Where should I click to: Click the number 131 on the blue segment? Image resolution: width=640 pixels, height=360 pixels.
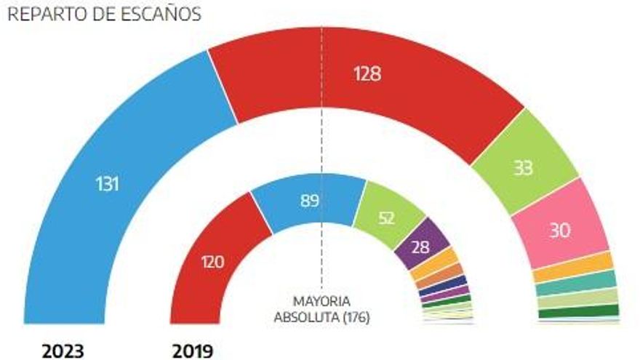coord(108,184)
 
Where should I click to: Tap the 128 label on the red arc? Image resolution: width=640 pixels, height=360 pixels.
coord(367,74)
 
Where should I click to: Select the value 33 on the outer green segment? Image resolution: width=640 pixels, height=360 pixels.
coord(523,167)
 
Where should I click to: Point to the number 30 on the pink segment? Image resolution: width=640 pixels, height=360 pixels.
coord(560,231)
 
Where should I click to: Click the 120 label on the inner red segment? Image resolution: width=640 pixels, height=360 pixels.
coord(212,262)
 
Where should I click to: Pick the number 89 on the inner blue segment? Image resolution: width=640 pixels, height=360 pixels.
coord(309,201)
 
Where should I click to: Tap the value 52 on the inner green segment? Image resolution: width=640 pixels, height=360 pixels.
coord(386,218)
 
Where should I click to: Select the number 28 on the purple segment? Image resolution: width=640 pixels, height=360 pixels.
coord(420,247)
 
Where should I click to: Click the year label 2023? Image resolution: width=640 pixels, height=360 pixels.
coord(63,351)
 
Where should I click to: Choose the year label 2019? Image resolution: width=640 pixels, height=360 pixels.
coord(193,351)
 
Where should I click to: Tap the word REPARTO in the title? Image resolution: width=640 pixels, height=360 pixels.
coord(47,15)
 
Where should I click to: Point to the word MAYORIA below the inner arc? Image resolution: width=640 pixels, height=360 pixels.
coord(321,302)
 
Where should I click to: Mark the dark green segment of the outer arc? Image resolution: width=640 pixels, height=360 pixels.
coord(579,312)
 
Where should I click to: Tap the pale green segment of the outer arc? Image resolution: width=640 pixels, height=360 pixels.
coord(578,298)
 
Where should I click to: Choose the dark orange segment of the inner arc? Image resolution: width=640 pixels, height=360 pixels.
coord(439,276)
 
